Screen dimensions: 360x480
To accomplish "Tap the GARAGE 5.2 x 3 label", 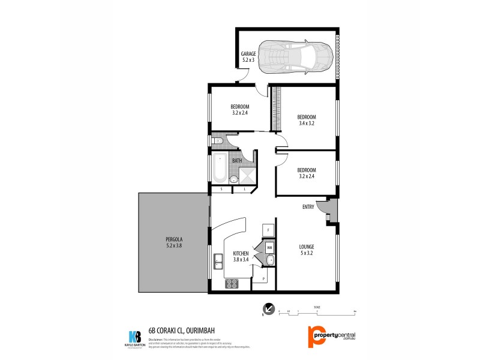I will click(248, 57).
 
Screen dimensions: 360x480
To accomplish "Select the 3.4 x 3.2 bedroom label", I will click(306, 121).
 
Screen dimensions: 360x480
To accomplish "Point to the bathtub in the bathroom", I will click(219, 169).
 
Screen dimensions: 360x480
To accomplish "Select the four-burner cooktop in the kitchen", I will click(232, 284).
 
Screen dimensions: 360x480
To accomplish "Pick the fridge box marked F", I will click(268, 230).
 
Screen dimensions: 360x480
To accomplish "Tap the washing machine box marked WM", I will click(269, 247).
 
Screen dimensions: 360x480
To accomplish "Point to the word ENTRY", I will click(308, 207).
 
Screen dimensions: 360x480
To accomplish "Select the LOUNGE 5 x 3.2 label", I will click(307, 250).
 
